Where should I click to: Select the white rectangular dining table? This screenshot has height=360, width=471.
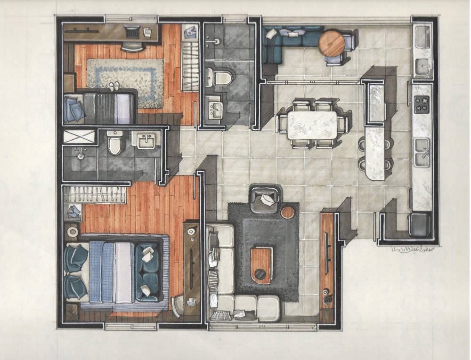pos(312,125)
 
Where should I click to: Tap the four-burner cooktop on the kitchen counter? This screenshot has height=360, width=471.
pos(422,104)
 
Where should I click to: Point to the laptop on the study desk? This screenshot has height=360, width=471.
pos(131,32)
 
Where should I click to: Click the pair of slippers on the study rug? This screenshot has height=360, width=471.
pos(114,86)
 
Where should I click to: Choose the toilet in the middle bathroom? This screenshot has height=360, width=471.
pos(219,77)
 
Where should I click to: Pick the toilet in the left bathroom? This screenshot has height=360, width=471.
pos(114,144)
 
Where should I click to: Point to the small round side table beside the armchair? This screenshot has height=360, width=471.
pos(287,212)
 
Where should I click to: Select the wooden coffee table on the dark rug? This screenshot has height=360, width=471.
pos(261,265)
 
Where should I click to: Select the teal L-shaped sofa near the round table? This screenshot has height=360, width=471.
pos(287,40)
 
